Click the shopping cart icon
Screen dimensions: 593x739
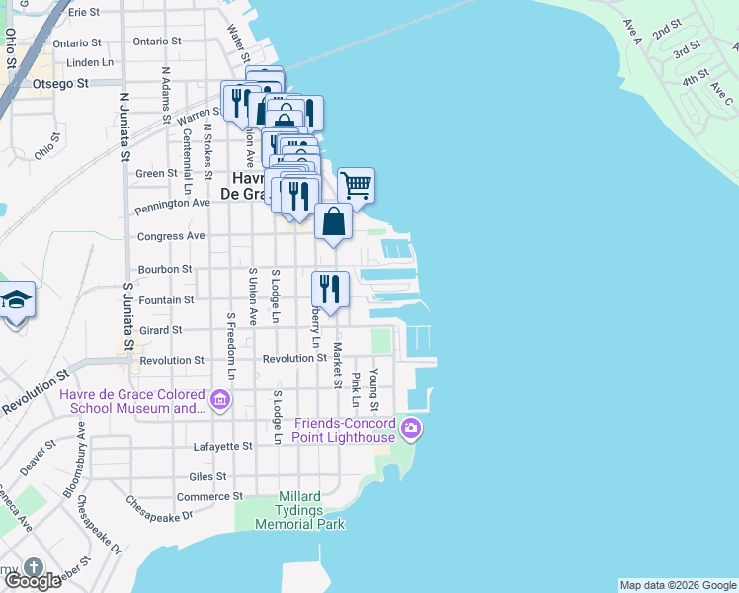pos(356,184)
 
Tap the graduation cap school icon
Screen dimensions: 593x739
pos(16,298)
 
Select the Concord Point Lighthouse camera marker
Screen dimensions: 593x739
pos(412,429)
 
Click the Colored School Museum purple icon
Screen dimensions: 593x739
pos(219,400)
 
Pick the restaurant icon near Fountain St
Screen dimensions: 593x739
pos(330,289)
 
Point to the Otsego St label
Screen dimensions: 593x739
pos(63,84)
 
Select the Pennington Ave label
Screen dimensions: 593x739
pos(174,203)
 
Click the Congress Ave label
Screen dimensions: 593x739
pos(171,236)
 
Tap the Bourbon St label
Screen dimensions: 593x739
pos(165,269)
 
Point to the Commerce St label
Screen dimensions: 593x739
pos(209,496)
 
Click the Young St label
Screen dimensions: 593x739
pos(374,389)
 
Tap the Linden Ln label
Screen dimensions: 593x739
pos(76,62)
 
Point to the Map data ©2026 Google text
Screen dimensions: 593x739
pos(678,585)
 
